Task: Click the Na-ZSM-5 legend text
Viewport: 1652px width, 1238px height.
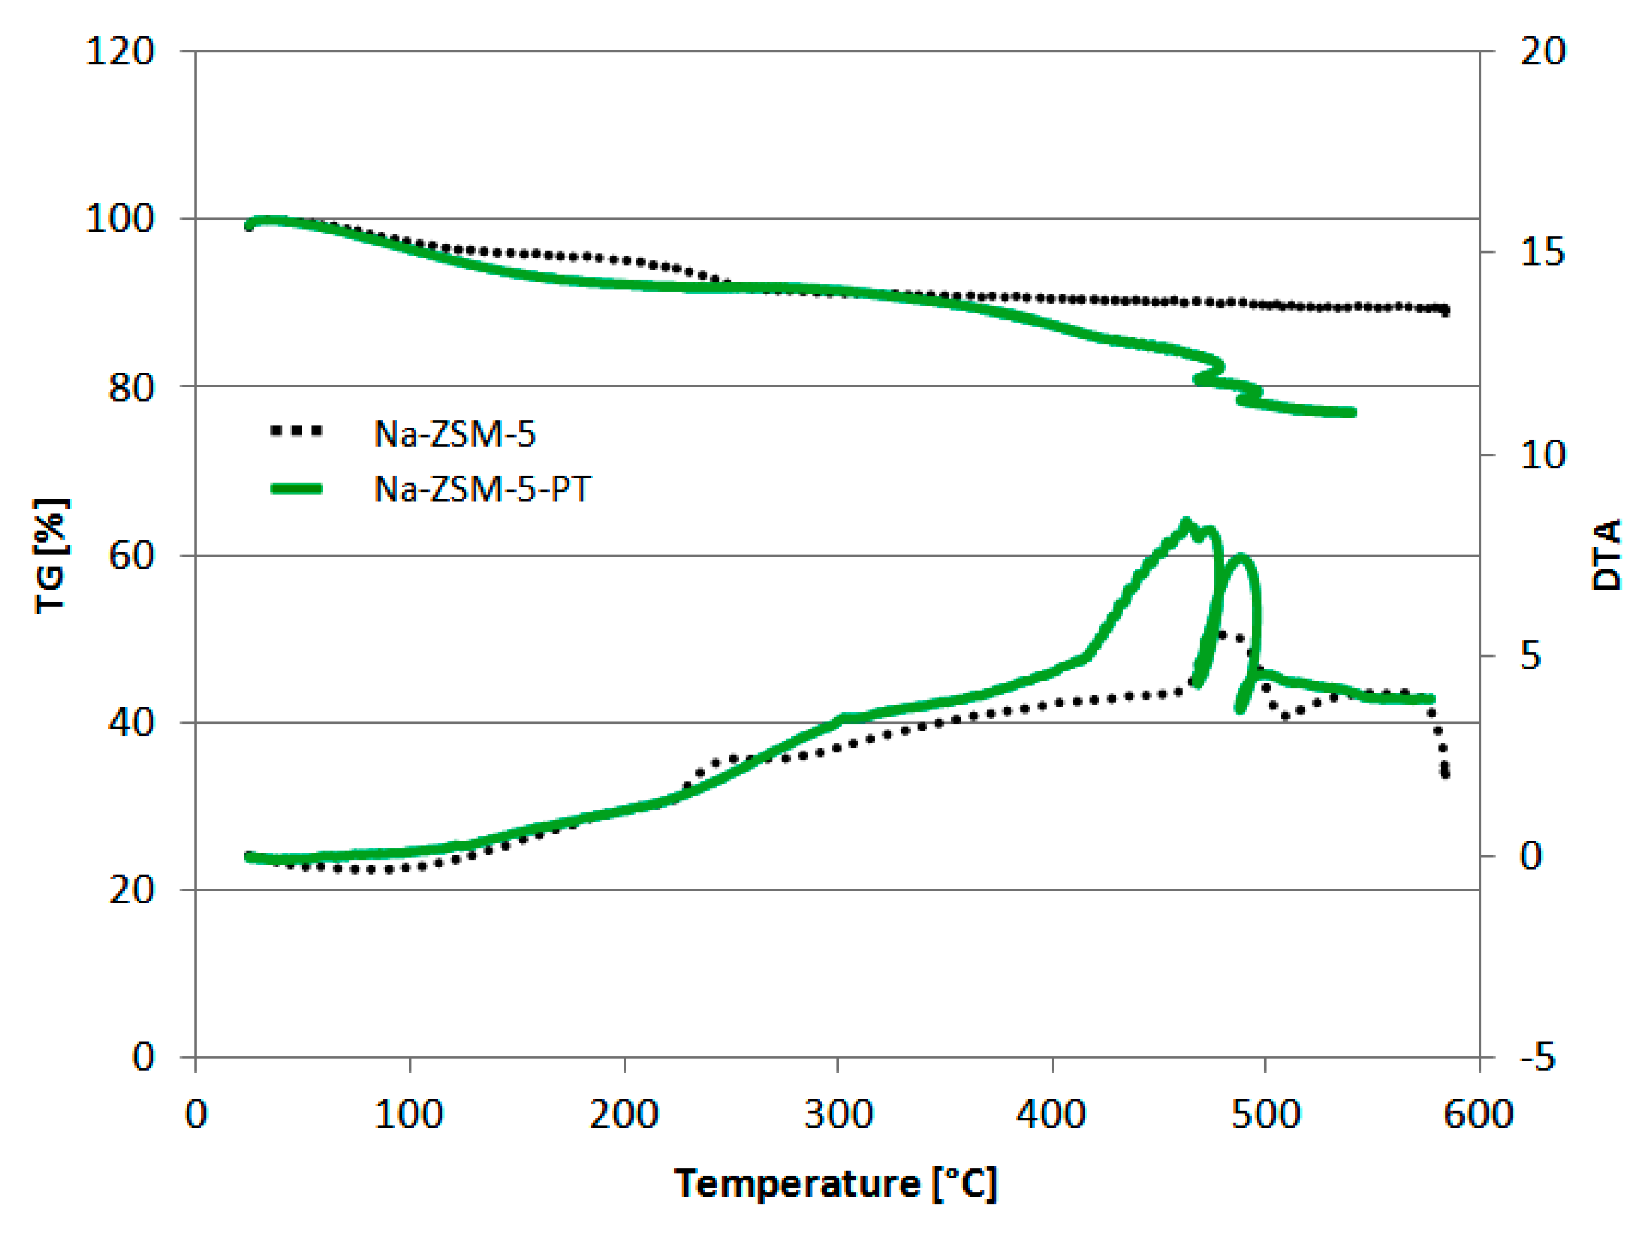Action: pos(454,434)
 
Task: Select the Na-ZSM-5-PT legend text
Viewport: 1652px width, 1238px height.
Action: pos(482,489)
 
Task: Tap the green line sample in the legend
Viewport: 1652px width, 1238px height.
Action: pos(296,489)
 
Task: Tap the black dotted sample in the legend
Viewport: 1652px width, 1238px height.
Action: pos(296,431)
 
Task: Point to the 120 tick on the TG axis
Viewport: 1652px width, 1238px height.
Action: pos(120,52)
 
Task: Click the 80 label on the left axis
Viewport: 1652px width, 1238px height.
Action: pos(132,387)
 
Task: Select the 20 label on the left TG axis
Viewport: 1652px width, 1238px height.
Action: pos(132,889)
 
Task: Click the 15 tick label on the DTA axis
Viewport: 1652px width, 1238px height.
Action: pos(1542,252)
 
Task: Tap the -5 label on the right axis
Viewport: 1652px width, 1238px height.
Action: pos(1537,1057)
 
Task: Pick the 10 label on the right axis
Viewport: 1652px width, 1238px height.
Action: pos(1542,455)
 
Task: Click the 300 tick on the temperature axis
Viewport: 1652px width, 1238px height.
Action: pos(838,1114)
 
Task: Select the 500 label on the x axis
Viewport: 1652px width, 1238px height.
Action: pos(1265,1114)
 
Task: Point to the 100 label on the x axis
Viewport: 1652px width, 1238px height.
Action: pos(409,1114)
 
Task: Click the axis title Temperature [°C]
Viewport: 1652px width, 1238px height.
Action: pos(836,1184)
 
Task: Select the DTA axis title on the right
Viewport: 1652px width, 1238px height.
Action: pos(1606,554)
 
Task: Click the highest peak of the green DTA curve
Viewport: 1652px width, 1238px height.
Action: pos(1185,522)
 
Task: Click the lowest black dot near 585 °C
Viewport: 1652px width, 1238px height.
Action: pos(1445,775)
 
